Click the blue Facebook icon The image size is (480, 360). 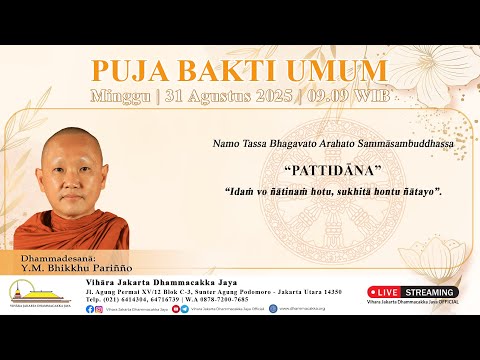91,309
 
